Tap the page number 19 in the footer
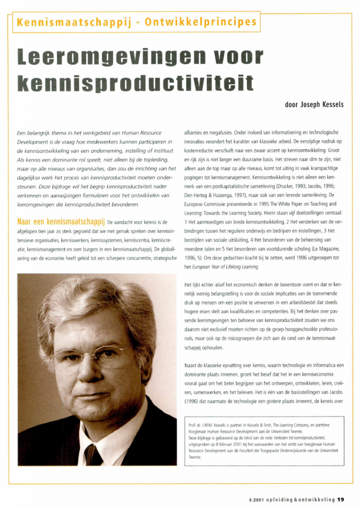341,499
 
